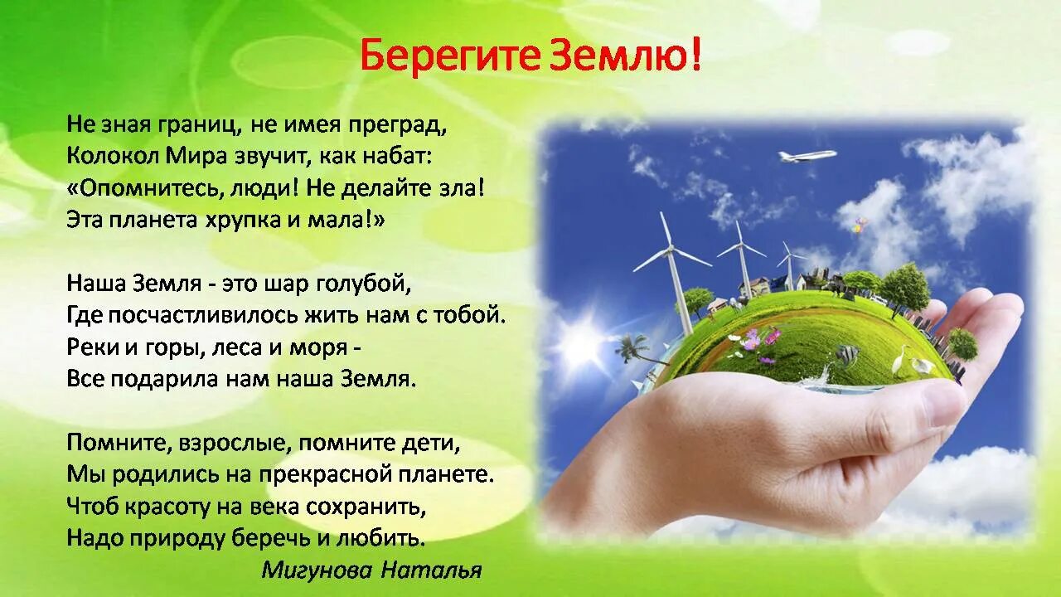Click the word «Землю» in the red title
click(x=624, y=56)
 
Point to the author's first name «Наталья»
click(x=431, y=570)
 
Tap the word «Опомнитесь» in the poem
click(x=143, y=187)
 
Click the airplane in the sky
click(x=806, y=156)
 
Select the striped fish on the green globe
click(x=845, y=355)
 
